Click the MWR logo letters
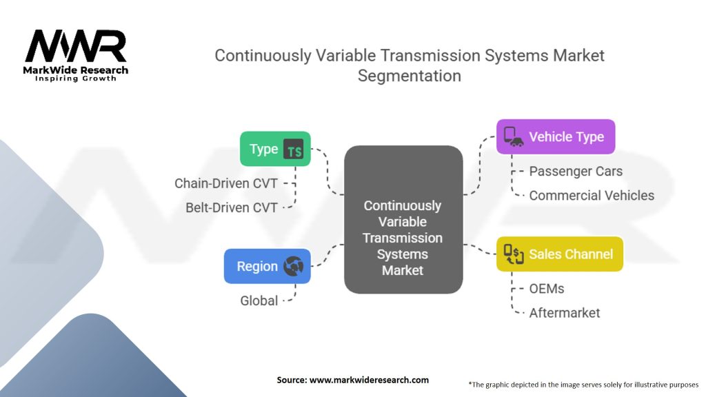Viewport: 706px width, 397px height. pos(76,46)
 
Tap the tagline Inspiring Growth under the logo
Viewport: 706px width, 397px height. pos(76,79)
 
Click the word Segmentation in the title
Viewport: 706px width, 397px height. pos(410,76)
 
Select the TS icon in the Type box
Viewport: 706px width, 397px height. pos(294,149)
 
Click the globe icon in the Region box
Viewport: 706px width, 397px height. pos(294,266)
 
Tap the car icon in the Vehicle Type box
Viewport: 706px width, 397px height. pos(514,136)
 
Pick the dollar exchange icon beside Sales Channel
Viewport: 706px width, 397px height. pos(514,254)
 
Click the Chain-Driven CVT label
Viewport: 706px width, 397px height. pos(226,183)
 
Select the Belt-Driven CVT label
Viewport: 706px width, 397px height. pos(232,208)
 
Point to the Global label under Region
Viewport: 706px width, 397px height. pos(259,301)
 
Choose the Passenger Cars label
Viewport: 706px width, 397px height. pos(576,172)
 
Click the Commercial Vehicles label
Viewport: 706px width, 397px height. pos(592,196)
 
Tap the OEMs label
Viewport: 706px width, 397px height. pos(547,289)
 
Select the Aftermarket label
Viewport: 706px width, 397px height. pos(565,313)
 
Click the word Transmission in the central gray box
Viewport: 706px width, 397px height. pos(403,238)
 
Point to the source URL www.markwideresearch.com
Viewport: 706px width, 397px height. pos(370,380)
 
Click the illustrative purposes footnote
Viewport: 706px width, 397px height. pos(583,385)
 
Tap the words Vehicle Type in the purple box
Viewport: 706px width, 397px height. pos(567,137)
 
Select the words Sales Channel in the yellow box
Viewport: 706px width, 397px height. pos(571,254)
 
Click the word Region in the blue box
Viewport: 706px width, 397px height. pos(257,267)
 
